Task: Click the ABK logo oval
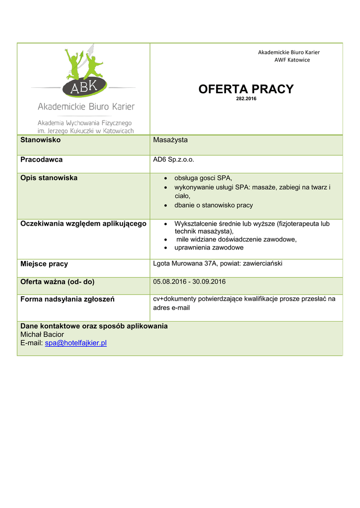[83, 88]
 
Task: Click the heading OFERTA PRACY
[246, 89]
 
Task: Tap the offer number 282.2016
[246, 99]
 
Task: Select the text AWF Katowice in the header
[292, 60]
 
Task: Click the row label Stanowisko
[40, 140]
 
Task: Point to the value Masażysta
[170, 140]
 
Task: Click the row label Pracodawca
[41, 160]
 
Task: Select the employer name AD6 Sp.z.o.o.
[173, 160]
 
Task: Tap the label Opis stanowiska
[49, 178]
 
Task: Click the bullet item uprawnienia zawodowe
[209, 248]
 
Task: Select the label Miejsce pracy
[44, 264]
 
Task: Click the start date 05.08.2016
[169, 282]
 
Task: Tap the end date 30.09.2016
[209, 282]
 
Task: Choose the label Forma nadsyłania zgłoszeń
[67, 299]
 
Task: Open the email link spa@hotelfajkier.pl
[75, 343]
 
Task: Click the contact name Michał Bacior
[42, 334]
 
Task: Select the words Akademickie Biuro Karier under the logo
[86, 107]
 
